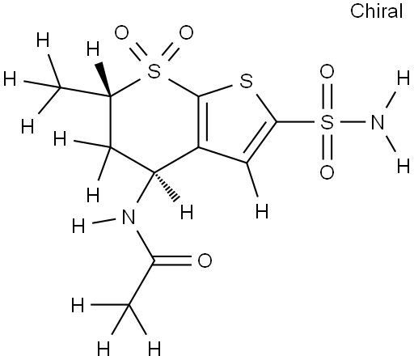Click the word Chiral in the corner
[x=376, y=11]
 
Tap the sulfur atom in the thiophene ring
[x=246, y=81]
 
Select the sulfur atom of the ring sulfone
[x=154, y=71]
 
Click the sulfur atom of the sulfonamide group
[x=327, y=122]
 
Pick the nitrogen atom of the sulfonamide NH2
[x=377, y=122]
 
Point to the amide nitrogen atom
[x=129, y=217]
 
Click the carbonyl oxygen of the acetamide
[x=205, y=260]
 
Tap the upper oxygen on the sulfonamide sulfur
[x=327, y=71]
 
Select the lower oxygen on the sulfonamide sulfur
[x=327, y=172]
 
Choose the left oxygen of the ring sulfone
[x=121, y=32]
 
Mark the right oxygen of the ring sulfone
[x=186, y=32]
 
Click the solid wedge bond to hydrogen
[x=104, y=79]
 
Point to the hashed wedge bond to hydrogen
[x=166, y=186]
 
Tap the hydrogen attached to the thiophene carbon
[x=262, y=211]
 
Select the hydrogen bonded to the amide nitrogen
[x=78, y=226]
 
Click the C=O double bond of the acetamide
[x=172, y=260]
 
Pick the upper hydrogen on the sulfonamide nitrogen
[x=403, y=79]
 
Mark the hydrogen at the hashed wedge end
[x=187, y=212]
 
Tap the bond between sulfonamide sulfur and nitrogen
[x=353, y=122]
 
